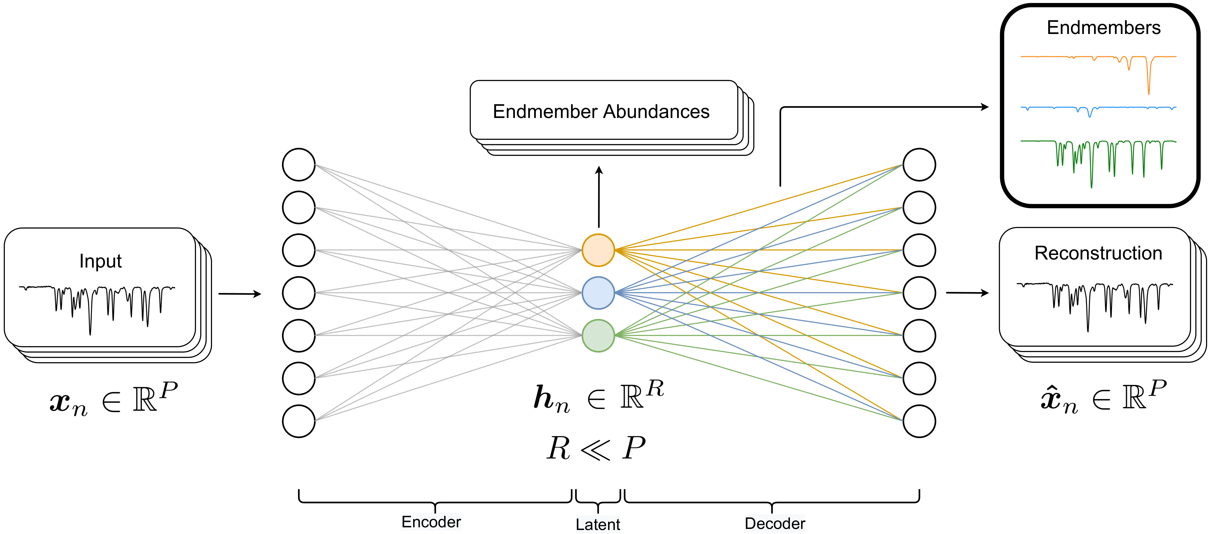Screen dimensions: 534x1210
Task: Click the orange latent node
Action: point(598,250)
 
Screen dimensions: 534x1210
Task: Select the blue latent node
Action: point(598,293)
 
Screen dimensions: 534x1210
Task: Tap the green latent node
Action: point(598,335)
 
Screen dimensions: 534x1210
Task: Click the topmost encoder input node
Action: point(299,165)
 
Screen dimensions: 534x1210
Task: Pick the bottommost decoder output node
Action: point(919,421)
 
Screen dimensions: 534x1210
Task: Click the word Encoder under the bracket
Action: point(431,522)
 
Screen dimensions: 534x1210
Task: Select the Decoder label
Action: point(775,523)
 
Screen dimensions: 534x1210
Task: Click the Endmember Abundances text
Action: point(601,112)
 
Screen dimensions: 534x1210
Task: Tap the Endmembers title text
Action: point(1103,28)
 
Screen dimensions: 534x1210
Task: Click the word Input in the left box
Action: point(100,261)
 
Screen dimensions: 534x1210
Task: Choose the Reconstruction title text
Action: point(1098,253)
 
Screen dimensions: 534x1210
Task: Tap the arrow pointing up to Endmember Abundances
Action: point(598,197)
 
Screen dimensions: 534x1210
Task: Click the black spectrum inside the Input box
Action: point(37,287)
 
